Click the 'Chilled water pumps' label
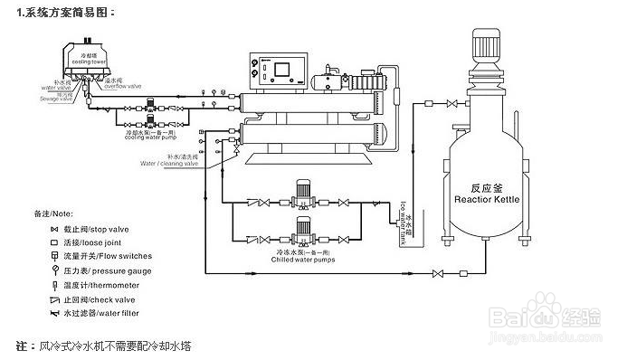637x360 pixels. pyautogui.click(x=302, y=259)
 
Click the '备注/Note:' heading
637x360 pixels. pyautogui.click(x=52, y=213)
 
